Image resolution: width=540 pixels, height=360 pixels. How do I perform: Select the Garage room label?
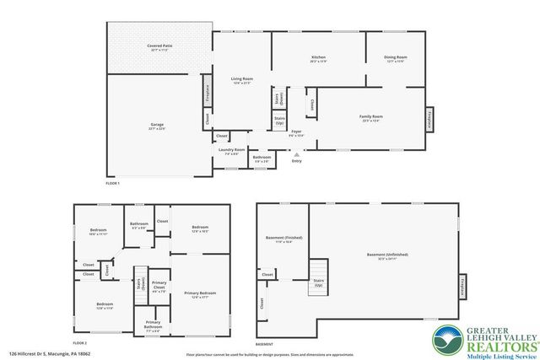157,126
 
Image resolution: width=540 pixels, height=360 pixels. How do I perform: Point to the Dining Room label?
396,58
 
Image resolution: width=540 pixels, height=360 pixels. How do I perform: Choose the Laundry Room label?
230,151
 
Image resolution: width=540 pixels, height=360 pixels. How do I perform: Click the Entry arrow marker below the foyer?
295,154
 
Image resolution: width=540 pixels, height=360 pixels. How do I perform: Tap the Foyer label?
296,132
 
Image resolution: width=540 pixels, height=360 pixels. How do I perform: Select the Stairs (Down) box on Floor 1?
278,98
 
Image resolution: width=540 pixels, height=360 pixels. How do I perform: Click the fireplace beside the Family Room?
431,120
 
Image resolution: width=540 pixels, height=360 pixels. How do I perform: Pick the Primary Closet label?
159,286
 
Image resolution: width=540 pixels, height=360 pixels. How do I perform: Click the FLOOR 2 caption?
80,344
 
